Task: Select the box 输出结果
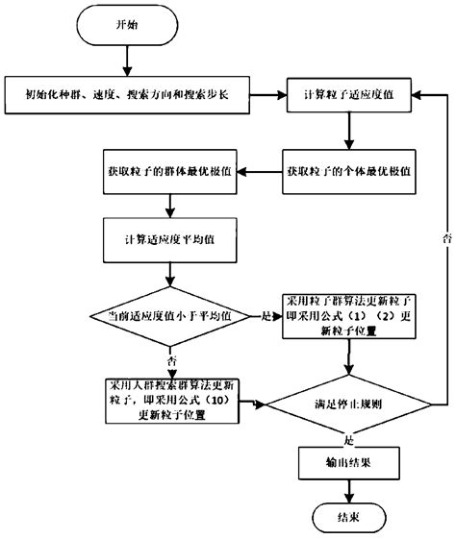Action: pyautogui.click(x=348, y=461)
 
